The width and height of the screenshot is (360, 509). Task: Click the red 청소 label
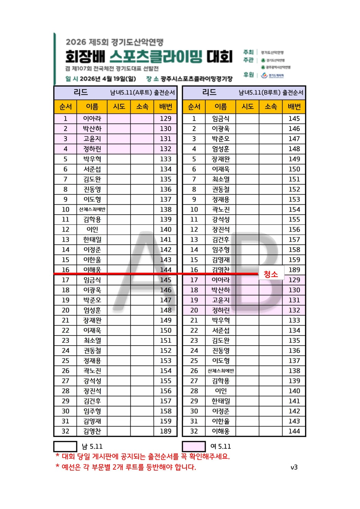click(271, 274)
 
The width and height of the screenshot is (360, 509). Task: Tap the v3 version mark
click(294, 467)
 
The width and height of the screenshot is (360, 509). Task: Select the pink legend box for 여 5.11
click(194, 446)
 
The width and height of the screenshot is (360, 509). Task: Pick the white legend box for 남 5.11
click(65, 446)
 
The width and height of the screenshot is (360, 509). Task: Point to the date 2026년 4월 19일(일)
click(108, 79)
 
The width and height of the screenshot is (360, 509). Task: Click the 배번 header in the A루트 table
click(166, 107)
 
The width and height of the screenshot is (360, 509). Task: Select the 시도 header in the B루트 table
click(248, 107)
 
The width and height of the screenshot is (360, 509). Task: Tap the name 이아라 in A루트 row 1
click(92, 119)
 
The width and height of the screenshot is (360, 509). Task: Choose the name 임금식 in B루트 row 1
click(221, 119)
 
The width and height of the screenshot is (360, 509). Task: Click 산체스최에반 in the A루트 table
click(92, 209)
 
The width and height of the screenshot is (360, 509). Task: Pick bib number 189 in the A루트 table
click(166, 431)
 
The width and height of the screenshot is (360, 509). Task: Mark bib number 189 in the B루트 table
click(294, 270)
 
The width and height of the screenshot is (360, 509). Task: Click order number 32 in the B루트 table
click(194, 431)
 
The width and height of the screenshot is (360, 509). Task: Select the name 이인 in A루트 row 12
click(92, 230)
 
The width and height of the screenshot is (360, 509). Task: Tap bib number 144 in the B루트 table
click(294, 431)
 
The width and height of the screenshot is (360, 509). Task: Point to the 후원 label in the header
click(249, 75)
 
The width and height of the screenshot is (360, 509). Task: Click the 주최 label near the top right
click(249, 52)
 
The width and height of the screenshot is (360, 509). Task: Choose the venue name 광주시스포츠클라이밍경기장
click(196, 79)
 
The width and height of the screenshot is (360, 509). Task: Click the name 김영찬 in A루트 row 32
click(92, 431)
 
